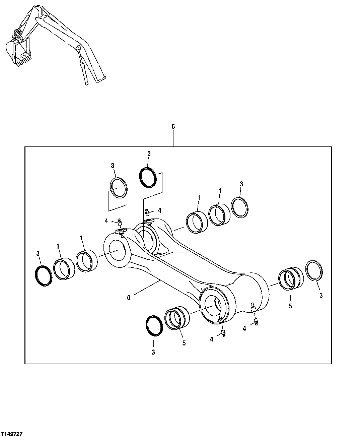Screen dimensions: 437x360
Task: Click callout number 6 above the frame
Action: (173, 127)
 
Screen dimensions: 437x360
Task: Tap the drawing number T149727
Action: (12, 434)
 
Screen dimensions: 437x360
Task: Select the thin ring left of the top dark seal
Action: (119, 187)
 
